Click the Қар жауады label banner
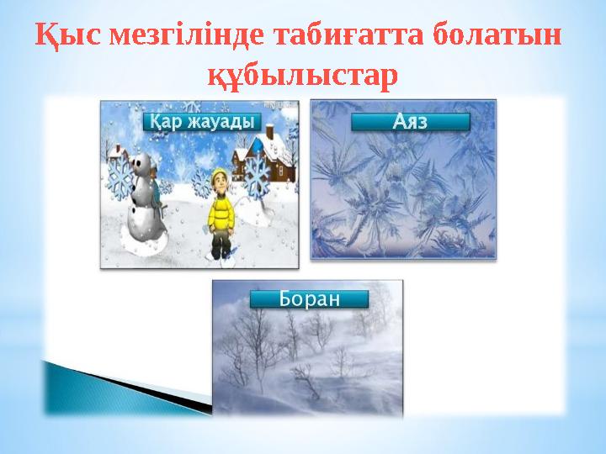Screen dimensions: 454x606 pyautogui.click(x=202, y=121)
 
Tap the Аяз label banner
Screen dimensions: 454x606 pyautogui.click(x=410, y=123)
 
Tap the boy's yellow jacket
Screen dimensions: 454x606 pyautogui.click(x=221, y=210)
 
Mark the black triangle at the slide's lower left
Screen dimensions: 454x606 pyautogui.click(x=126, y=383)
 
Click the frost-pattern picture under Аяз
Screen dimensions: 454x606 pyautogui.click(x=404, y=193)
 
